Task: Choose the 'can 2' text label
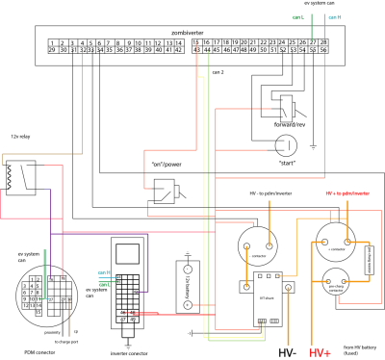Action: click(x=216, y=71)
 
